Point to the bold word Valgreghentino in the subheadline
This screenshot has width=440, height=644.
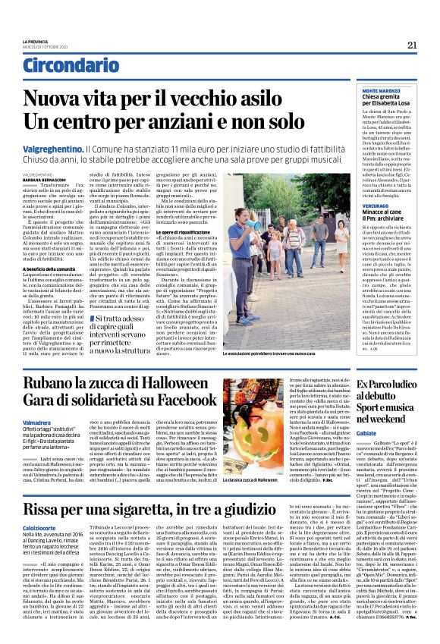[x=52, y=150]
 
